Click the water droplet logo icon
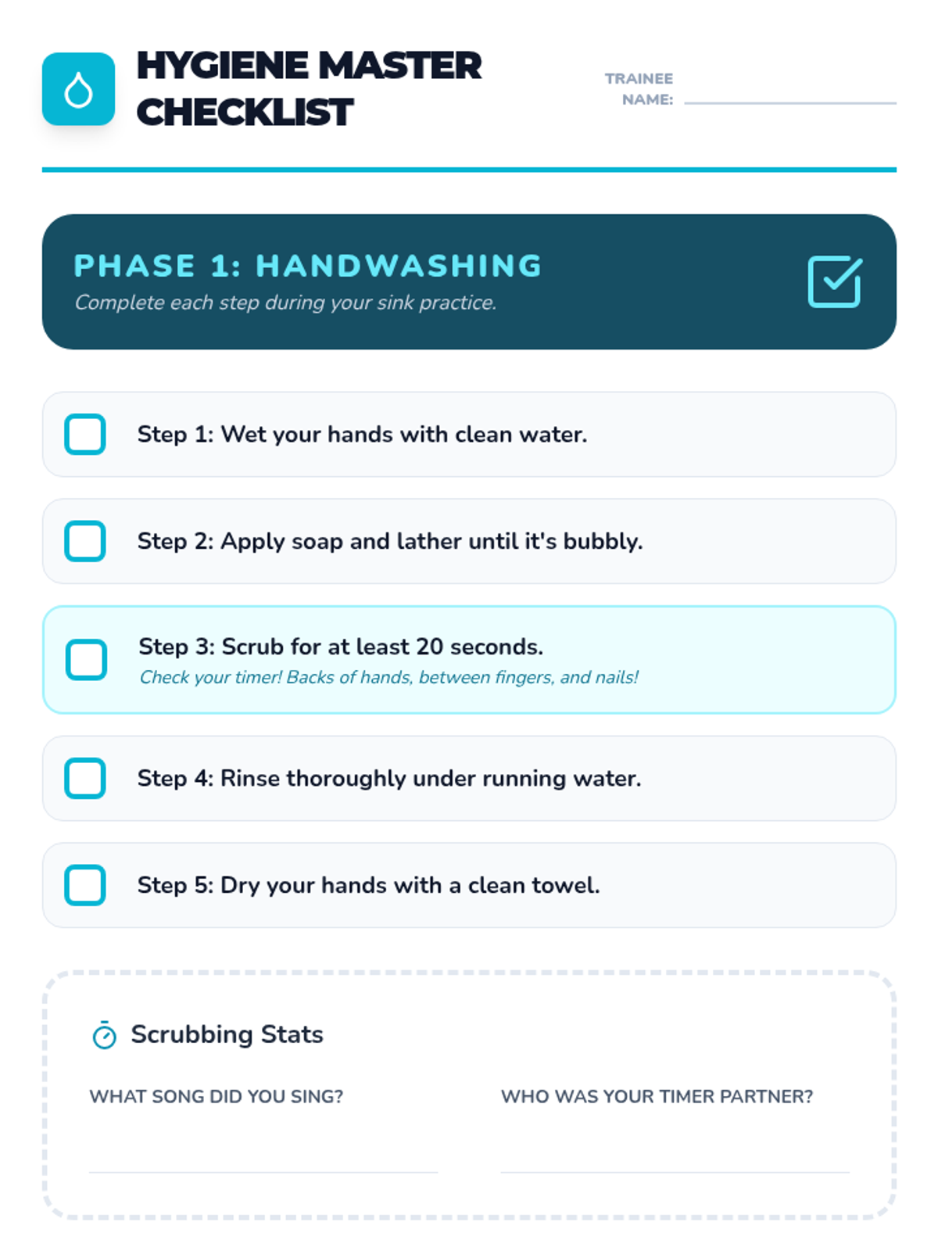click(79, 89)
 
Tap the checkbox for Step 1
click(85, 434)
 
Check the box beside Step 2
click(85, 540)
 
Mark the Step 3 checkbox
click(86, 659)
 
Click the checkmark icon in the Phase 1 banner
click(834, 281)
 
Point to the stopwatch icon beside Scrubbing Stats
click(104, 1034)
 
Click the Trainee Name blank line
click(790, 103)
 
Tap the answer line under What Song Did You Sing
click(263, 1172)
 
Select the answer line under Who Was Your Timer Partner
click(675, 1172)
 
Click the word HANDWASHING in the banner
click(399, 266)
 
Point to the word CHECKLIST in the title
click(245, 112)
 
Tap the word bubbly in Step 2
click(603, 541)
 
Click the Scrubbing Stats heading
click(227, 1034)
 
